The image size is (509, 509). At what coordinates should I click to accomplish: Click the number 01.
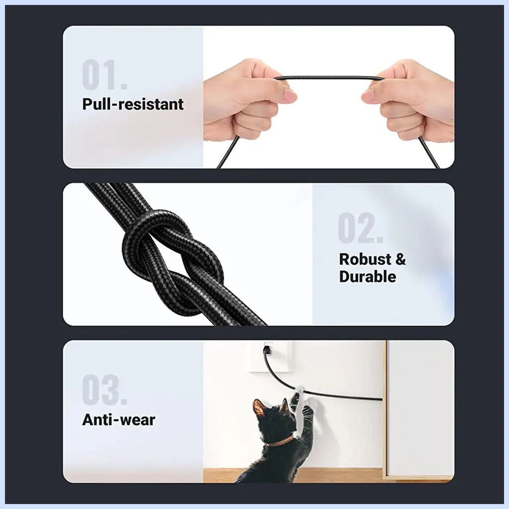pos(104,75)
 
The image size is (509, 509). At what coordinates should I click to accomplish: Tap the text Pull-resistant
pos(133,104)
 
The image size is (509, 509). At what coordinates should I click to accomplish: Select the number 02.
pos(360,228)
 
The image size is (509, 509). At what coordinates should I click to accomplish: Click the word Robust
pos(365,259)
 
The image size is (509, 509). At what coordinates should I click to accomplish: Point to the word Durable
pos(367,276)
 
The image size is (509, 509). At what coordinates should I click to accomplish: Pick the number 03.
pos(104,390)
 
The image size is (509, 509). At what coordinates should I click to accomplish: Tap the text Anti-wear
pos(118,420)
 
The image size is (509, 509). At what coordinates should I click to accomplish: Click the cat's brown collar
pos(281,441)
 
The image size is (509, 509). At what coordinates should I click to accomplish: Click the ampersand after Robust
pos(401,259)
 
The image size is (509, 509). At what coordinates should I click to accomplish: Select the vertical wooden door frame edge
pos(385,410)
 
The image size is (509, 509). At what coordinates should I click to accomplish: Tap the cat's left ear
pos(258,408)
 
